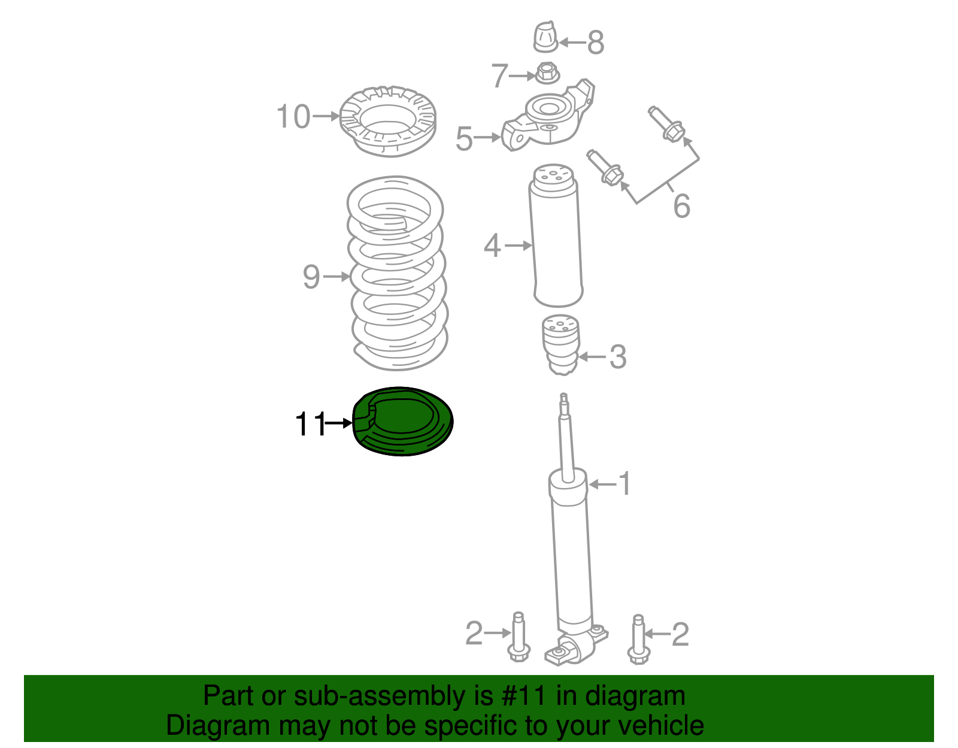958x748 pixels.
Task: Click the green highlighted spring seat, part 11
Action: coord(402,421)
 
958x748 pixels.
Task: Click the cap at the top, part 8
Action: coord(545,38)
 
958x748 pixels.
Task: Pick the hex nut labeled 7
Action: coord(547,74)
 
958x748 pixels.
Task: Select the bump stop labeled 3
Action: coord(560,345)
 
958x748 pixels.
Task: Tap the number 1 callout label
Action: coord(624,483)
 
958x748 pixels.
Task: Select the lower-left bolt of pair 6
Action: coord(605,167)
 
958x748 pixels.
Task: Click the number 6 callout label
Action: coord(681,206)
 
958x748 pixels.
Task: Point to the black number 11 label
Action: coord(310,424)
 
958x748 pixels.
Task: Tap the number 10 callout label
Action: coord(293,116)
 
